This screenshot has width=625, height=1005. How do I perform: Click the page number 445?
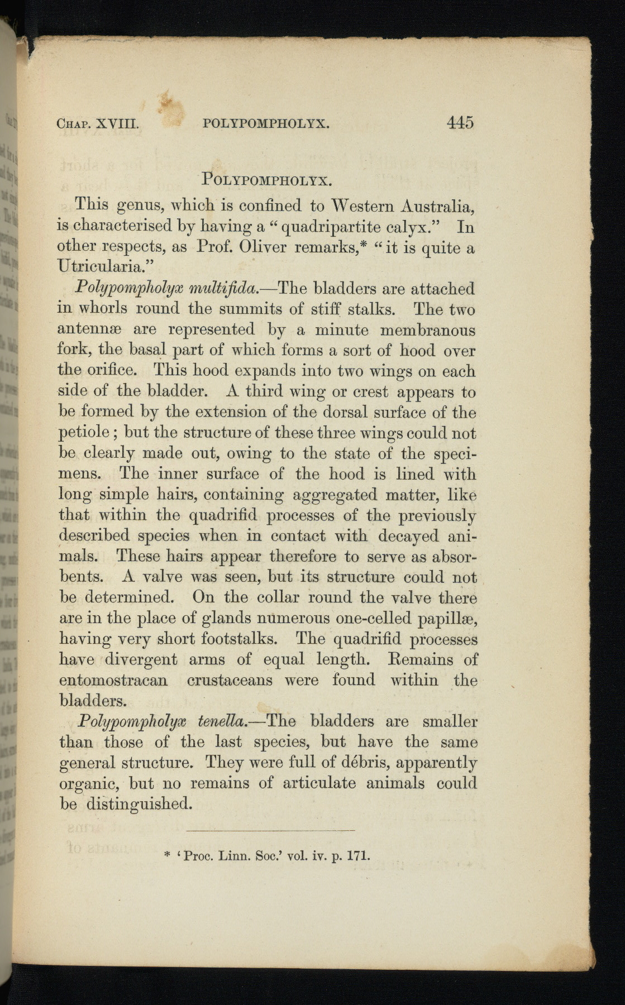coord(460,122)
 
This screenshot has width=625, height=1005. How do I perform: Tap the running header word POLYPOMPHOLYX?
coord(266,123)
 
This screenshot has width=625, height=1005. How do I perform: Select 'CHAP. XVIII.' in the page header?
coord(97,124)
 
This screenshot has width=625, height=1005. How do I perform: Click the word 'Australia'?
coord(437,206)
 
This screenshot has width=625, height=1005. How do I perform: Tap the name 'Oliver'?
coord(263,247)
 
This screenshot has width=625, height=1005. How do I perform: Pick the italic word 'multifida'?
coord(224,289)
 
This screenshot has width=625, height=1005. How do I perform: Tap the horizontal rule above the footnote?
coord(269,830)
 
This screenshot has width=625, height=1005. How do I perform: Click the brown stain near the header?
coord(171,106)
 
